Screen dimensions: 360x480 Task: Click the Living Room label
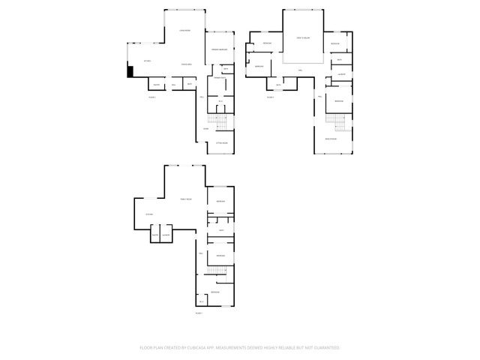click(184, 30)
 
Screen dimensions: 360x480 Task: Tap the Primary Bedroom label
click(219, 48)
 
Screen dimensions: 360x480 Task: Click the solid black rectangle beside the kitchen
click(130, 72)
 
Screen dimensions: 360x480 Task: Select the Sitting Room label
click(221, 142)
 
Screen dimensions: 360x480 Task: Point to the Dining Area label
click(184, 65)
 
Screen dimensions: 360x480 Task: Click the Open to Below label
click(303, 37)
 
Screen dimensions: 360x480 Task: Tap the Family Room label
click(185, 199)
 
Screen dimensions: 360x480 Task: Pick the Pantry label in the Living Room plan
click(157, 84)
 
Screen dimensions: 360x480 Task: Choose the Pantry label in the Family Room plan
click(154, 236)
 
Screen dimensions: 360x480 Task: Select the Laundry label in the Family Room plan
click(166, 236)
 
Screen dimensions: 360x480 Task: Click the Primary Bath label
click(220, 78)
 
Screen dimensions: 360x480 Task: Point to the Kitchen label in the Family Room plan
click(149, 215)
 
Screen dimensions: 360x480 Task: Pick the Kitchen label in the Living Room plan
click(148, 61)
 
